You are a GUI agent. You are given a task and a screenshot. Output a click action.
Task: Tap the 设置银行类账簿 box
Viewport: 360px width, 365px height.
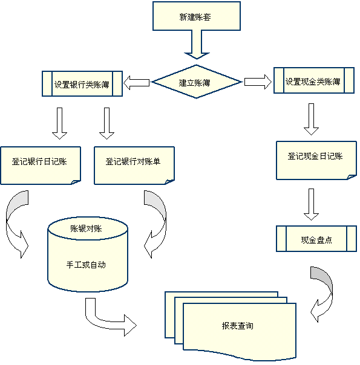point(82,84)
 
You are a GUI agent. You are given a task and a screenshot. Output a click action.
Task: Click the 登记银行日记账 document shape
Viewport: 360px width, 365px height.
point(40,163)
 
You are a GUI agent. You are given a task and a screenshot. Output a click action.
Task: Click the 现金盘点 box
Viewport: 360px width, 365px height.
point(316,239)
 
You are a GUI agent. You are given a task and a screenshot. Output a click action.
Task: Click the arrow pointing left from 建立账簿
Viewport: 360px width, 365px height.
point(137,82)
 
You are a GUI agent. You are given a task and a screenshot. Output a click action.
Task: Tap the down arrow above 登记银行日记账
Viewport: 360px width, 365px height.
point(59,123)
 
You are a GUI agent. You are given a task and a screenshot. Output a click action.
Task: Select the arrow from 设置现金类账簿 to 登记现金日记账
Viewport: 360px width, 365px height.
point(311,119)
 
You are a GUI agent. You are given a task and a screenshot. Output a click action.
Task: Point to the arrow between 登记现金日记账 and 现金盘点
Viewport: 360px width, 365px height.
point(311,204)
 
